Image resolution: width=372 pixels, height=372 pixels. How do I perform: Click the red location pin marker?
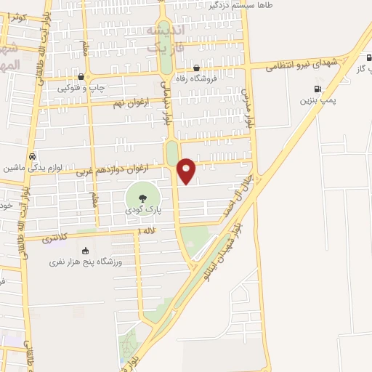pyautogui.click(x=187, y=170)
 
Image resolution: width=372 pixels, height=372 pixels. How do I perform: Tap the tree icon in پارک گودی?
pyautogui.click(x=141, y=195)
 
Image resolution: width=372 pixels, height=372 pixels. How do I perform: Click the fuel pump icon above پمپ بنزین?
pyautogui.click(x=317, y=89)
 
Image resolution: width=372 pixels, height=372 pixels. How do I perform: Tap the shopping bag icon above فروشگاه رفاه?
pyautogui.click(x=198, y=68)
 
